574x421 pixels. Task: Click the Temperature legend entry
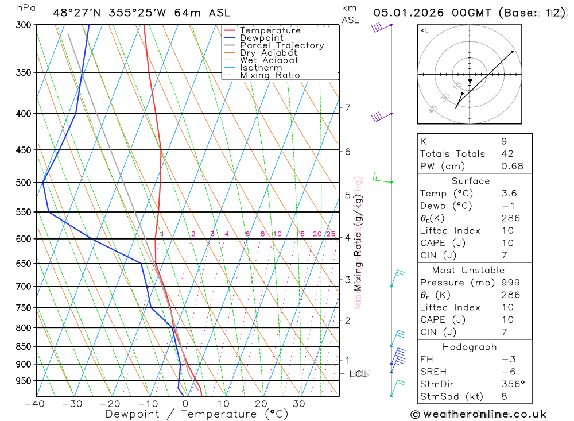pyautogui.click(x=270, y=30)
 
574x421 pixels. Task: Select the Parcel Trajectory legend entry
pyautogui.click(x=282, y=45)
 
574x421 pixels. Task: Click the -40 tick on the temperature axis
pyautogui.click(x=34, y=404)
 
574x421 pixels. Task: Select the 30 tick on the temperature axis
pyautogui.click(x=298, y=404)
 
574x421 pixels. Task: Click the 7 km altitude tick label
pyautogui.click(x=347, y=107)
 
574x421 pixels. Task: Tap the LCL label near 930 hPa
pyautogui.click(x=358, y=374)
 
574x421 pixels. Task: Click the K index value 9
pyautogui.click(x=504, y=141)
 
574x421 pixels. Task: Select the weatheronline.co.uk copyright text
pyautogui.click(x=478, y=414)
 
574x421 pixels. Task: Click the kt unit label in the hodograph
pyautogui.click(x=424, y=30)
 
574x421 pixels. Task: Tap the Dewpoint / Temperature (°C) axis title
pyautogui.click(x=197, y=414)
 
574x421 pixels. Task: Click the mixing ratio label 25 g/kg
pyautogui.click(x=331, y=234)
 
